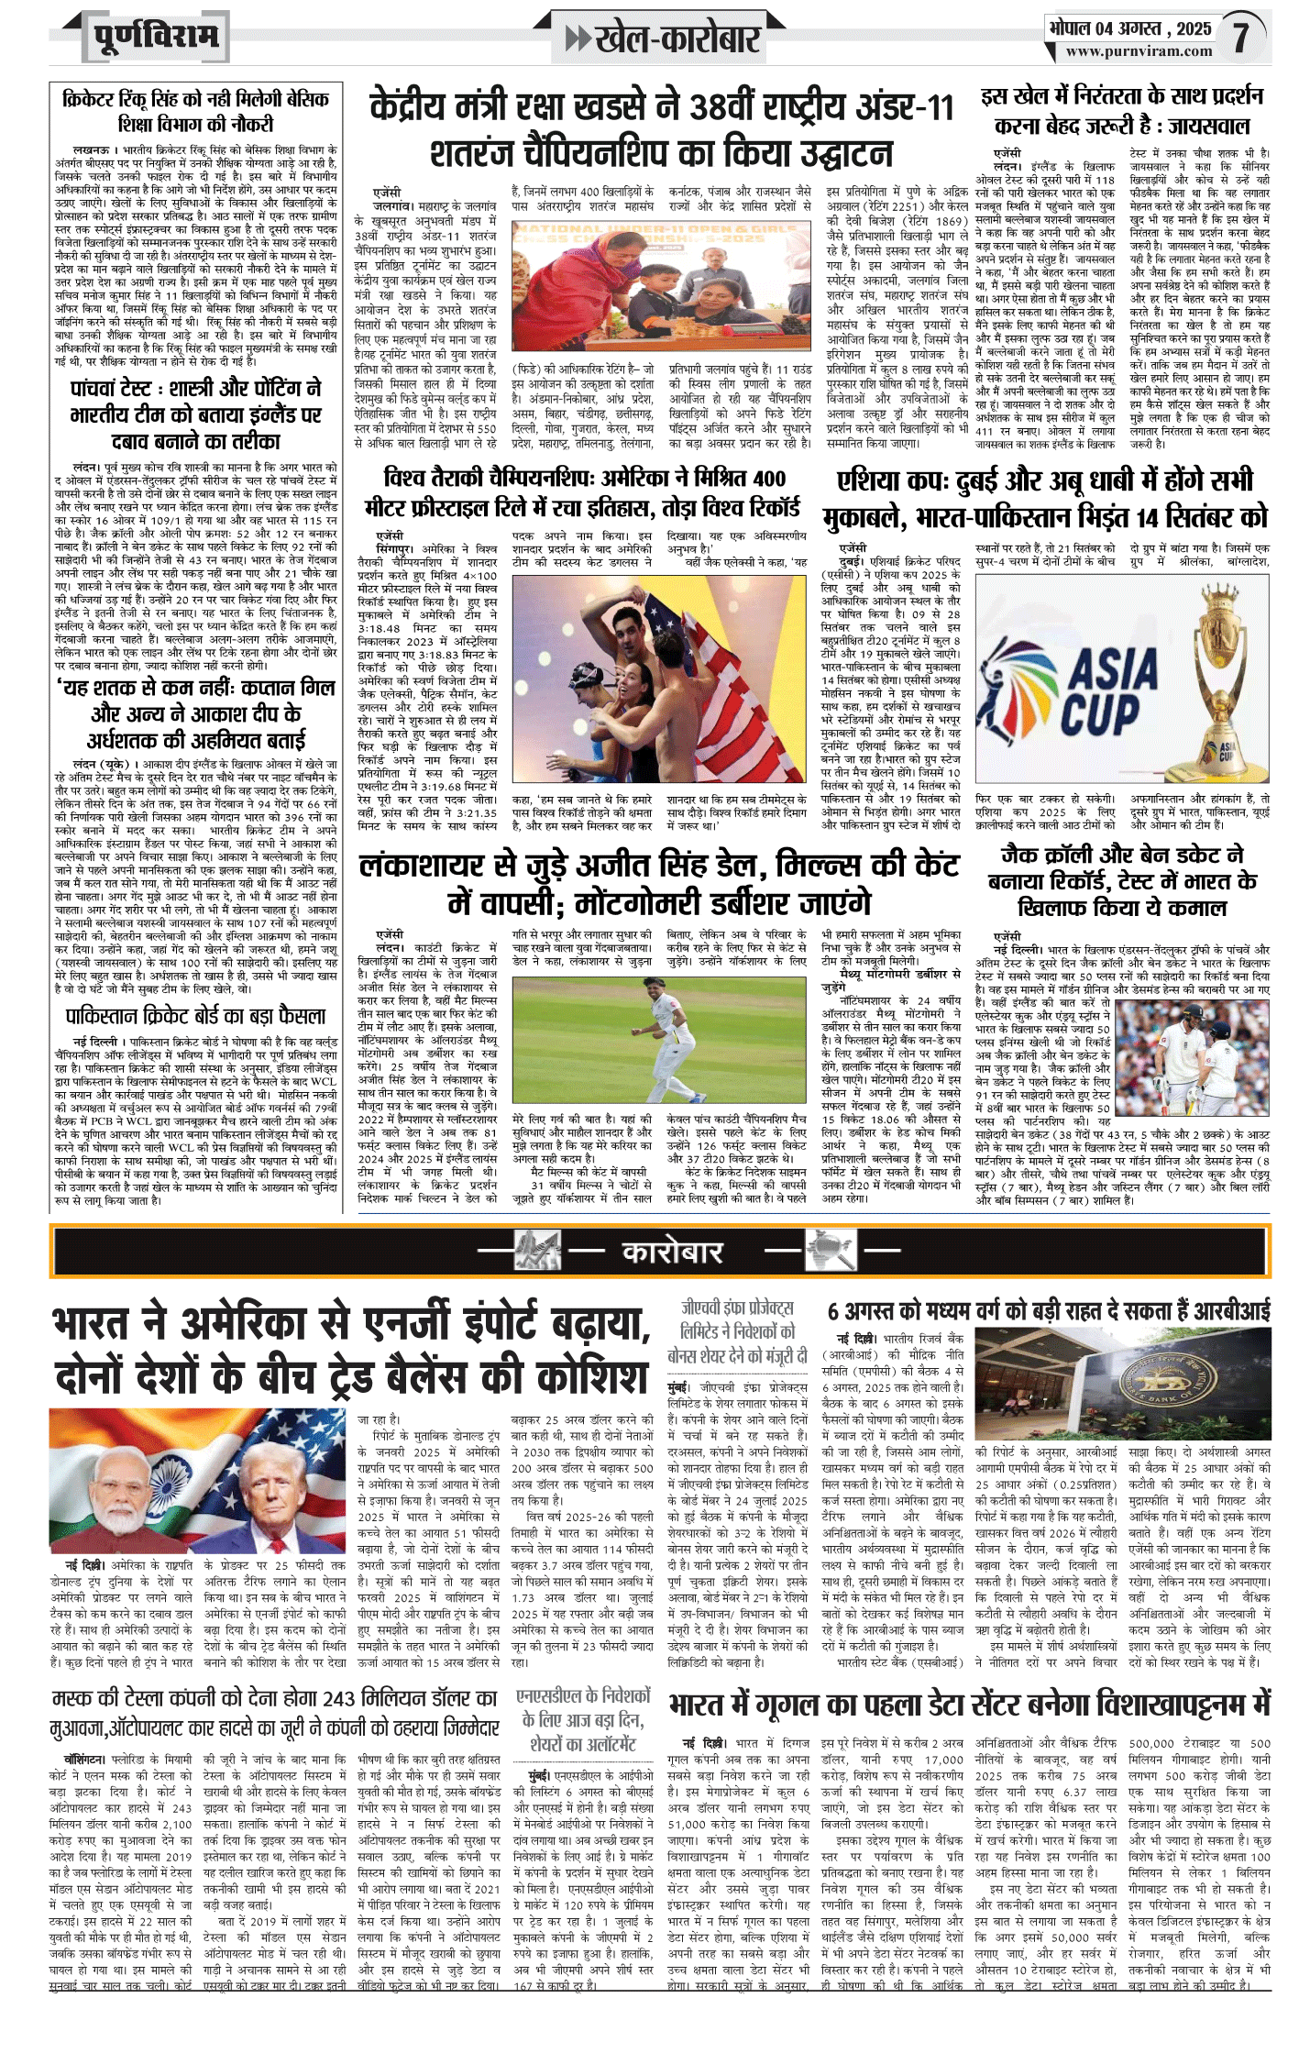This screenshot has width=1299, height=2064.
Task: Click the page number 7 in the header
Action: (x=1240, y=37)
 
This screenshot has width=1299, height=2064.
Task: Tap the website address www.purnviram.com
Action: (x=1139, y=51)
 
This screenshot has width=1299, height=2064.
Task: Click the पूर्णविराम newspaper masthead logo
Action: (x=156, y=37)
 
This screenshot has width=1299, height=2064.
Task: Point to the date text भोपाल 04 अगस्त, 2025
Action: (x=1129, y=28)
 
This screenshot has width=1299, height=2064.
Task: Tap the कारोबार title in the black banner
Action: (x=672, y=1253)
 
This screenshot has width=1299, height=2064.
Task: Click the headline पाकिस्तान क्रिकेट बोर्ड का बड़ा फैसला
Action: (x=195, y=1016)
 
